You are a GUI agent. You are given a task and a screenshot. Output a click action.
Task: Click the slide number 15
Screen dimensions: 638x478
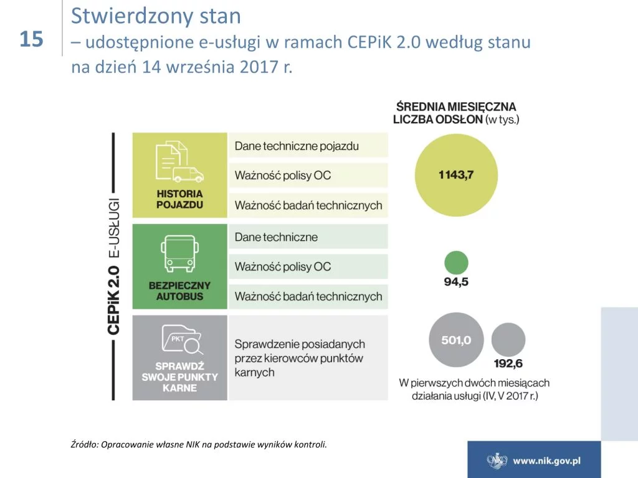[x=31, y=39]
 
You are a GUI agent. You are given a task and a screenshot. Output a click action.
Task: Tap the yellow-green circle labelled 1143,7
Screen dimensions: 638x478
[x=456, y=175]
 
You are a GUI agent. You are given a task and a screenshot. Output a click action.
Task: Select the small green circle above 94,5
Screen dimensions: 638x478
[x=456, y=263]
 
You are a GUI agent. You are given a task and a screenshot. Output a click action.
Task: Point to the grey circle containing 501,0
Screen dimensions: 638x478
[x=456, y=340]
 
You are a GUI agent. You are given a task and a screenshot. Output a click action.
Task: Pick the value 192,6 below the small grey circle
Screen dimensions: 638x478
[x=508, y=363]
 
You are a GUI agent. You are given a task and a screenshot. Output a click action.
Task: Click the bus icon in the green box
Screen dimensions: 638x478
[x=179, y=254]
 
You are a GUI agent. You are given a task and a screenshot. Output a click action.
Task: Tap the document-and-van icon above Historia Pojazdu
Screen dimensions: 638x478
[x=179, y=161]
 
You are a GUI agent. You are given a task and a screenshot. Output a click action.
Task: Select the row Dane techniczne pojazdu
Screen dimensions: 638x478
[x=308, y=146]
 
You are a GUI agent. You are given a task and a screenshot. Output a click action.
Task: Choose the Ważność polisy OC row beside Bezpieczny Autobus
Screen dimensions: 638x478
[x=308, y=266]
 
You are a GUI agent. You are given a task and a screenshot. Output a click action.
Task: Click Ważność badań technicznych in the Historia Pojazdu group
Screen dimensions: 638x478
[x=308, y=205]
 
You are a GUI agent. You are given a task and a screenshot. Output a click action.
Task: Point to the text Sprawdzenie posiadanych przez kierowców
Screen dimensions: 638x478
[x=300, y=351]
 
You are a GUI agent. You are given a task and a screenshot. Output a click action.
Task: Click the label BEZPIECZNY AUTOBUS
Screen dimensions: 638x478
[x=179, y=291]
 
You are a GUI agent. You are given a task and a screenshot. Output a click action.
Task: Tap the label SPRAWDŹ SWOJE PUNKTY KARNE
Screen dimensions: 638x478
[x=179, y=377]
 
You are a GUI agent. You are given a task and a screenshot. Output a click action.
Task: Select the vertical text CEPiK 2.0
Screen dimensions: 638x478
[x=113, y=301]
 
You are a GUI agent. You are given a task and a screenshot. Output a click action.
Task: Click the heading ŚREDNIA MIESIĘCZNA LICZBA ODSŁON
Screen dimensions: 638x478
[x=455, y=113]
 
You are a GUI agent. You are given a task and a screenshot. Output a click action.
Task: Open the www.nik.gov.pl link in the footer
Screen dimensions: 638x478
[x=546, y=461]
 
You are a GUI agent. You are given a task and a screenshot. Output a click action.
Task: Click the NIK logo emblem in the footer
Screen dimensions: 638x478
[x=497, y=461]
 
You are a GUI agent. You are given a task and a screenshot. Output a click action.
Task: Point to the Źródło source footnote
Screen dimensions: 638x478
[x=199, y=444]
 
